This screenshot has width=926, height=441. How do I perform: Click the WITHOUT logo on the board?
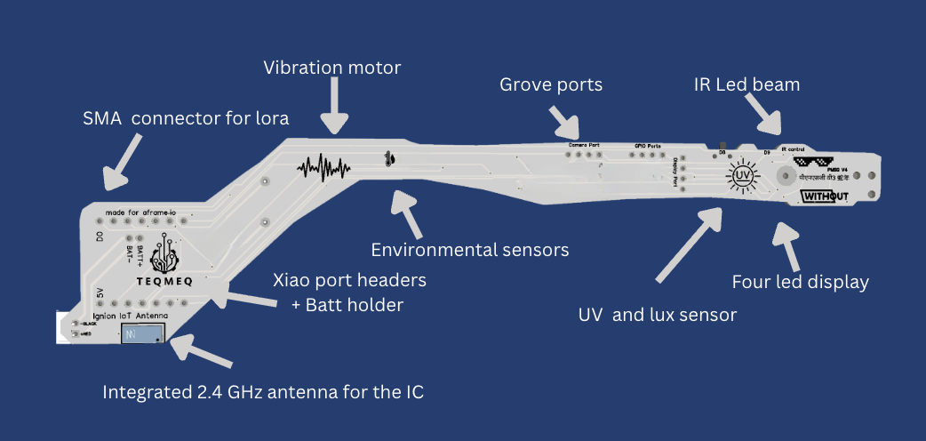(826, 196)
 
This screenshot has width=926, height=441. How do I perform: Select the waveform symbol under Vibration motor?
(324, 167)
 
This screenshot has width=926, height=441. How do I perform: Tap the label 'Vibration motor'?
(332, 67)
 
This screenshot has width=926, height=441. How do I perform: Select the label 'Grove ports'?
(551, 85)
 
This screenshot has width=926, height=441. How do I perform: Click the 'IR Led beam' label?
(746, 85)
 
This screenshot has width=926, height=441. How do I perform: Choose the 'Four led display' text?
(800, 283)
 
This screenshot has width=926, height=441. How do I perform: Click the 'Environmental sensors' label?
(470, 250)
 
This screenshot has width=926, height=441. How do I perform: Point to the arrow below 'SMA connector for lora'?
(123, 160)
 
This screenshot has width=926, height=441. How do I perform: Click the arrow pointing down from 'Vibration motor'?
(335, 105)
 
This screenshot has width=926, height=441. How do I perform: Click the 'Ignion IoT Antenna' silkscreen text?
(131, 315)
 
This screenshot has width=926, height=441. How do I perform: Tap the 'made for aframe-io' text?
(140, 213)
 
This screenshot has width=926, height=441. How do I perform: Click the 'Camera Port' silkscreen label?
(584, 143)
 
